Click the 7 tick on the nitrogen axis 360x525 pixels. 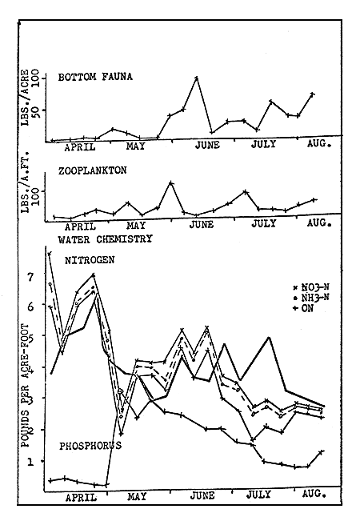31,277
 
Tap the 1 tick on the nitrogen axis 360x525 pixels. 31,462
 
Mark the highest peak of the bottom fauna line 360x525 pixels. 197,78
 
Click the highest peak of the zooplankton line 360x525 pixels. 170,182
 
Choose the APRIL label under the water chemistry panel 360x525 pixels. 80,496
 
